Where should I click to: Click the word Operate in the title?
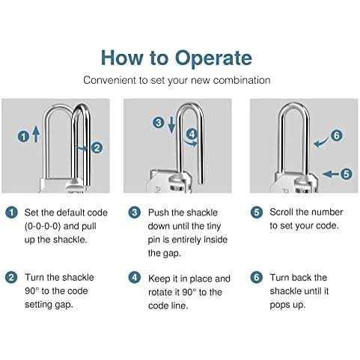click(213, 58)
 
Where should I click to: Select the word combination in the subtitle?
click(242, 80)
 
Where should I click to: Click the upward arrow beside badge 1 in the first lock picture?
click(37, 134)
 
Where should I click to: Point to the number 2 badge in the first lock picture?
click(97, 147)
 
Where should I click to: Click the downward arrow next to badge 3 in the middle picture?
click(171, 124)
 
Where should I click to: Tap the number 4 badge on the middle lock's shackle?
click(192, 135)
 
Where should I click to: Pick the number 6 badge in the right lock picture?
click(337, 135)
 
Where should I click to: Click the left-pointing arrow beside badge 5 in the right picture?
click(331, 174)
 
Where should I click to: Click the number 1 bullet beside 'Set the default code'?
click(11, 213)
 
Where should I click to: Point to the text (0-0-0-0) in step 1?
click(43, 226)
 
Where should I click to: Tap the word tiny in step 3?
click(213, 227)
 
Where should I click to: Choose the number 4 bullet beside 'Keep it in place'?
click(135, 278)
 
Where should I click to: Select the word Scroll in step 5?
click(281, 212)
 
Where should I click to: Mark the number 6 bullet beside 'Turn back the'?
click(257, 278)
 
